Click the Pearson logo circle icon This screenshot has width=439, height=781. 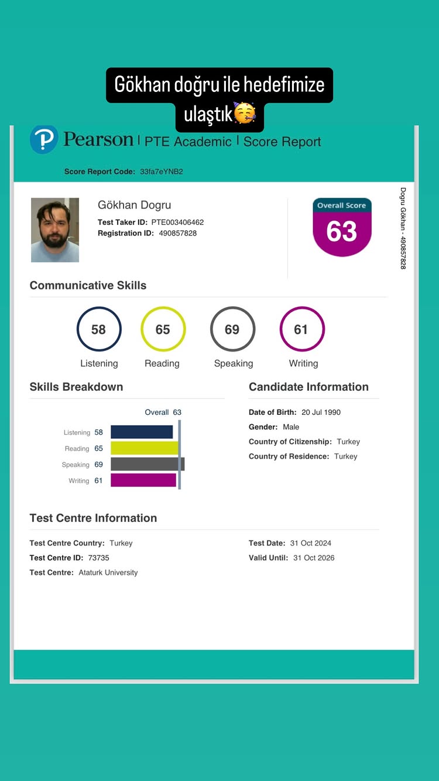click(44, 139)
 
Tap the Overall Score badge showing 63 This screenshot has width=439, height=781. click(342, 227)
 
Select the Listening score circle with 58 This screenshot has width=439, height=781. click(99, 329)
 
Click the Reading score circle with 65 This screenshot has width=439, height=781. click(163, 329)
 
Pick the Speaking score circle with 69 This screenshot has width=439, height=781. click(232, 329)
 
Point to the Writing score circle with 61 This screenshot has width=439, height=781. click(301, 329)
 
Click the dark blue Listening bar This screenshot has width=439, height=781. click(142, 432)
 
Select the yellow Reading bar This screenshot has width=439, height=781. click(145, 448)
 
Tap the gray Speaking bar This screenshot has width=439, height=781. click(148, 464)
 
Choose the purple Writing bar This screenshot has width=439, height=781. click(143, 480)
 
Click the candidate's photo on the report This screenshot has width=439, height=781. click(55, 230)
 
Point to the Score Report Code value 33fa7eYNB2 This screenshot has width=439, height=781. click(162, 172)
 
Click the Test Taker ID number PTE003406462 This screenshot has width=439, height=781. click(177, 222)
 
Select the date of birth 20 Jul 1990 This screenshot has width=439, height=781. click(321, 412)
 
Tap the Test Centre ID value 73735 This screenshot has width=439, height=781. click(99, 558)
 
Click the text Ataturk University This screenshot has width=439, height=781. click(108, 572)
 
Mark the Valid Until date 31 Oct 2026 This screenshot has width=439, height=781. click(314, 558)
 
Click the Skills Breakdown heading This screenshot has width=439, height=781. click(76, 387)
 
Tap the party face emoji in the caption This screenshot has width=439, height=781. click(244, 113)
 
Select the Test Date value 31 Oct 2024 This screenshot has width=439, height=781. click(311, 543)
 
